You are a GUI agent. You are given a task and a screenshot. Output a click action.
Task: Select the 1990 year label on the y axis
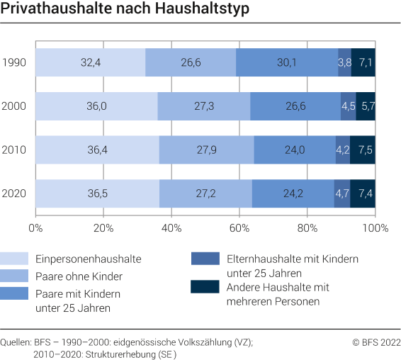[x=14, y=62]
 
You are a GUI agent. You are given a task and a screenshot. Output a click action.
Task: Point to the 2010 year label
[x=14, y=150]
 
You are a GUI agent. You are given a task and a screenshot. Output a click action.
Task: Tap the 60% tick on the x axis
[x=239, y=229]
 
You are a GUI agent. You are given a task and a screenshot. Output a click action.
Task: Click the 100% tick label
[x=374, y=229]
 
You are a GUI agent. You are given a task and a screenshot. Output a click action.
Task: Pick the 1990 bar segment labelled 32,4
[x=90, y=62]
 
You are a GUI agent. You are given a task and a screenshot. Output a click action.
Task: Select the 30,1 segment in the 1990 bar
[x=287, y=62]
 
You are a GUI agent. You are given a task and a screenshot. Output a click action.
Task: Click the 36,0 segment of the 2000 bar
[x=96, y=106]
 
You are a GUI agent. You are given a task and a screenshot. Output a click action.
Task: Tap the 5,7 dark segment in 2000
[x=366, y=106]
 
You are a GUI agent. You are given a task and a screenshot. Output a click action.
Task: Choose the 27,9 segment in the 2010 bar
[x=206, y=150]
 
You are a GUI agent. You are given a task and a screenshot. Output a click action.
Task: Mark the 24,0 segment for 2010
[x=295, y=150]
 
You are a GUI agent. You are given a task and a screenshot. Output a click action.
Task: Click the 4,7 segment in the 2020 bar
[x=342, y=193]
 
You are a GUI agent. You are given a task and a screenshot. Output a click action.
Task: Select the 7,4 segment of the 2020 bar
[x=363, y=193]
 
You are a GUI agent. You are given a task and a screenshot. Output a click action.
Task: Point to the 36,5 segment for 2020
[x=97, y=193]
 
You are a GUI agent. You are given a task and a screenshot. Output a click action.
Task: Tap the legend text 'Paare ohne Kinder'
[x=68, y=275]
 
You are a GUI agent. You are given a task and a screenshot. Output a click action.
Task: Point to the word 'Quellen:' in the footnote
[x=16, y=342]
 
